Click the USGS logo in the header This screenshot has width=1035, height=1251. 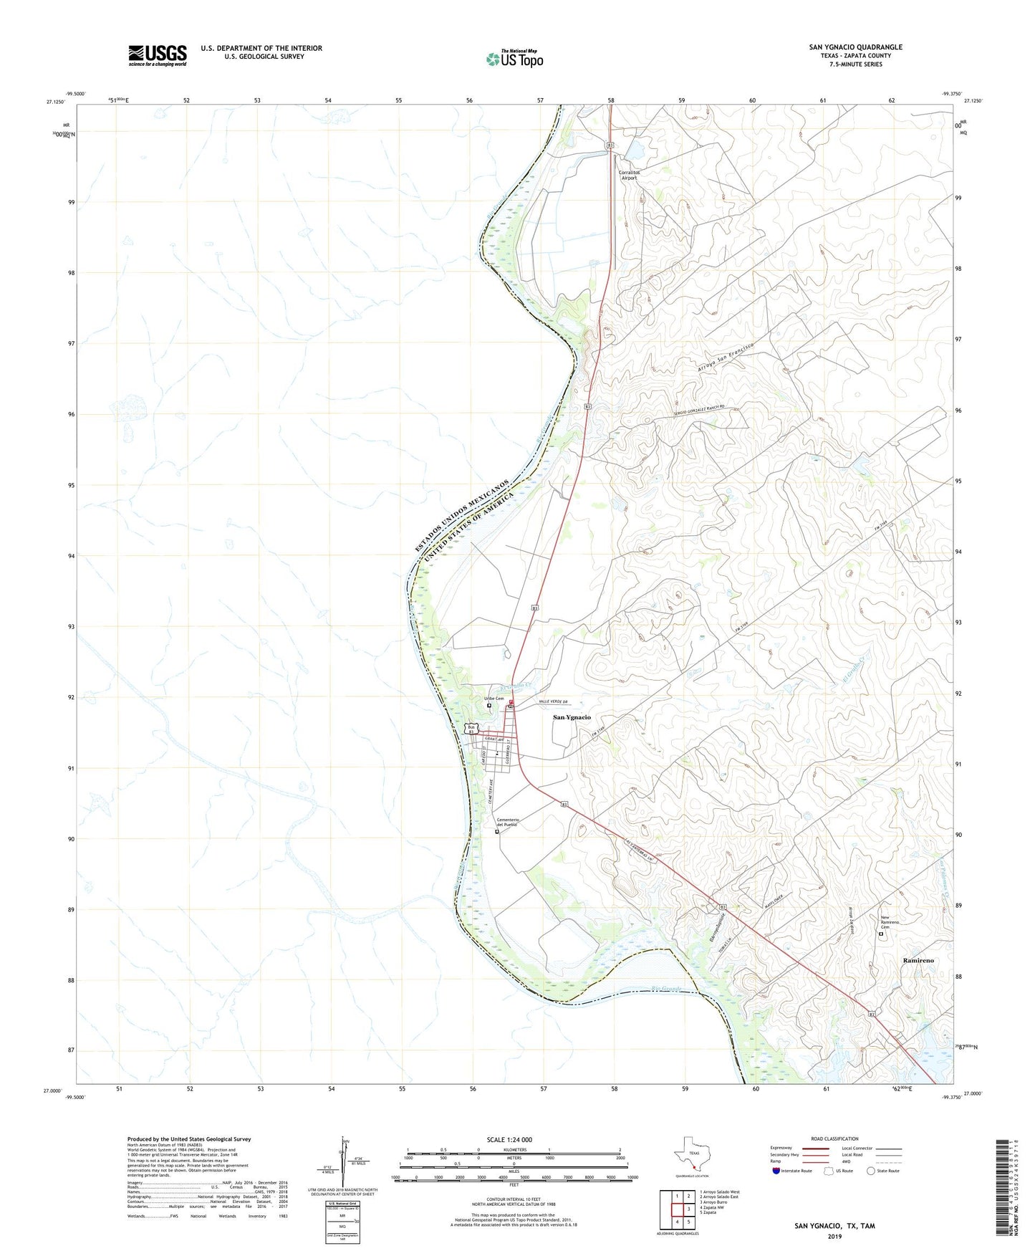click(x=157, y=55)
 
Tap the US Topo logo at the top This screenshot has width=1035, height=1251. click(x=514, y=59)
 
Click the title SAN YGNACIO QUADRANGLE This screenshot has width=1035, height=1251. click(x=855, y=47)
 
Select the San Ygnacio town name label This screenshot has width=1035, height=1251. click(x=572, y=717)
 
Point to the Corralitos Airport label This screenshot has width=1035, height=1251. click(x=628, y=175)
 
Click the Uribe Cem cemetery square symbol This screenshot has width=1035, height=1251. click(x=489, y=706)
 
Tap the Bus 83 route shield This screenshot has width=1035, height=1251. click(x=471, y=729)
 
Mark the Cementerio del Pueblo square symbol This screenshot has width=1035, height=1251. click(x=497, y=832)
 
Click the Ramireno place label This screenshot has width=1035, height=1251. click(x=918, y=960)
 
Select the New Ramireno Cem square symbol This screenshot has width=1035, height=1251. click(x=881, y=934)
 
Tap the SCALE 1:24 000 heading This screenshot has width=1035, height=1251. click(x=509, y=1140)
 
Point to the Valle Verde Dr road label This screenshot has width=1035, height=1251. click(x=552, y=702)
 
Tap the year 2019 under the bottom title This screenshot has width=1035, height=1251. click(x=834, y=1237)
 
